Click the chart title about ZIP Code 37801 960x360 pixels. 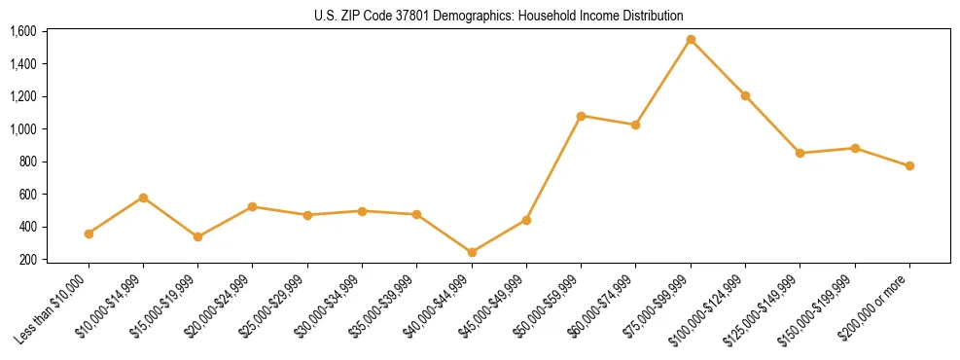[x=499, y=16]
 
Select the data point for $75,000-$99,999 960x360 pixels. [x=691, y=40]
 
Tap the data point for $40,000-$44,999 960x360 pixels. [x=472, y=252]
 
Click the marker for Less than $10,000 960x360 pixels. [x=89, y=234]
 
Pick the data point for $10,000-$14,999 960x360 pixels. [x=143, y=198]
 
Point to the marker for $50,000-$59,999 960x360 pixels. [x=581, y=116]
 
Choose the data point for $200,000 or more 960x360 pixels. [x=909, y=166]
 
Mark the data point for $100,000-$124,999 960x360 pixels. [x=745, y=95]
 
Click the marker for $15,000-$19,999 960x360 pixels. [x=197, y=236]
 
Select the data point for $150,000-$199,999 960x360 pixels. [x=855, y=148]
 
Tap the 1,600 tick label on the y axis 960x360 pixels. [x=22, y=31]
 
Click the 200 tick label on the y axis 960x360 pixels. [x=27, y=260]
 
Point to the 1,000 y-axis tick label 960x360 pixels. [x=22, y=129]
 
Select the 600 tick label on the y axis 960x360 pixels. [x=27, y=195]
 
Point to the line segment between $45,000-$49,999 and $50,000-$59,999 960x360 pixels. [x=553, y=168]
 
